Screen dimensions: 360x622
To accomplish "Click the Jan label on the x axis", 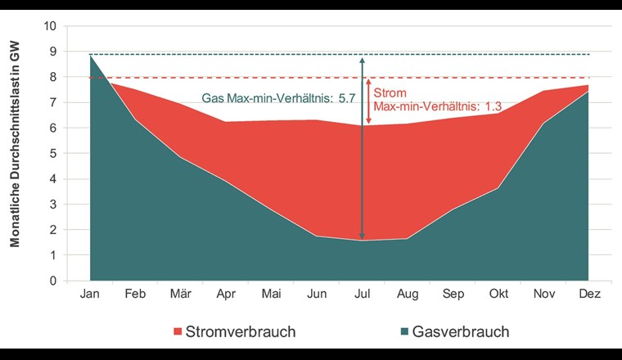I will point(89,294).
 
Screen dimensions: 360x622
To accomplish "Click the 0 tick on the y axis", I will point(53,281).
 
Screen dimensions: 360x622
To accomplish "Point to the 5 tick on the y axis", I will point(53,154).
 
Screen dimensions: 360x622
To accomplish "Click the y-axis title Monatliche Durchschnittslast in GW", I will point(15,154).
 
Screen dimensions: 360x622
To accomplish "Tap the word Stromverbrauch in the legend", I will point(241,332).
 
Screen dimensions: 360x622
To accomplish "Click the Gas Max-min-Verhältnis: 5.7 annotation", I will point(278,97).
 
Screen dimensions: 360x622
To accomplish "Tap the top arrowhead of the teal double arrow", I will point(362,58).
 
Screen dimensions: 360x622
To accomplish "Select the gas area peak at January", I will point(90,56).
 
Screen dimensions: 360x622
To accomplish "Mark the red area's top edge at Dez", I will point(588,85).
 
